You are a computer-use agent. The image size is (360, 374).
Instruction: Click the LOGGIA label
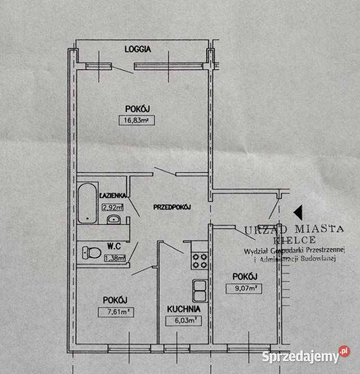coord(138,49)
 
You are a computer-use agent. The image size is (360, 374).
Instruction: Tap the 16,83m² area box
coord(137,120)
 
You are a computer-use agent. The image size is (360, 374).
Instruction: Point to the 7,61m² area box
coord(116,312)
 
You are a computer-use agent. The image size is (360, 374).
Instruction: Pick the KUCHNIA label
coord(184,309)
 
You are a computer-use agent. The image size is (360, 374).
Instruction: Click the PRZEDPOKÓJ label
coord(172,207)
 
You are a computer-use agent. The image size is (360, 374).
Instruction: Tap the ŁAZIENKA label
coord(113,196)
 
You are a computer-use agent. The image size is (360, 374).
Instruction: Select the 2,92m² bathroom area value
coord(113,207)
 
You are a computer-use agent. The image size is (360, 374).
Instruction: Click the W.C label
coord(114,246)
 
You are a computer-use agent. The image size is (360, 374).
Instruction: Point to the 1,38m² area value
coord(115,258)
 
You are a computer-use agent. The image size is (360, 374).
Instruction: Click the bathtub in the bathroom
coord(87,203)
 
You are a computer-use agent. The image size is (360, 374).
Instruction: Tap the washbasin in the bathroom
coord(114,219)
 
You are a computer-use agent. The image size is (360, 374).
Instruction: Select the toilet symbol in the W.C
coord(91,253)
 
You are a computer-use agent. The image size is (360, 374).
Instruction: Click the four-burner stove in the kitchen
coord(199,261)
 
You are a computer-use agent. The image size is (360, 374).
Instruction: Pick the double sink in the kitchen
coord(200,291)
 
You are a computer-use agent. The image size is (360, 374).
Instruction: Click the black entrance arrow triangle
coord(298,212)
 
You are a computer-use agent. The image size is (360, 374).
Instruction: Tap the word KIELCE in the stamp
coord(295,240)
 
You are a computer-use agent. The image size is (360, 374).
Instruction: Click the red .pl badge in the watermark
coord(344,351)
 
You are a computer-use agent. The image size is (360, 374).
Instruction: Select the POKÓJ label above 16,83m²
coord(138,109)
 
